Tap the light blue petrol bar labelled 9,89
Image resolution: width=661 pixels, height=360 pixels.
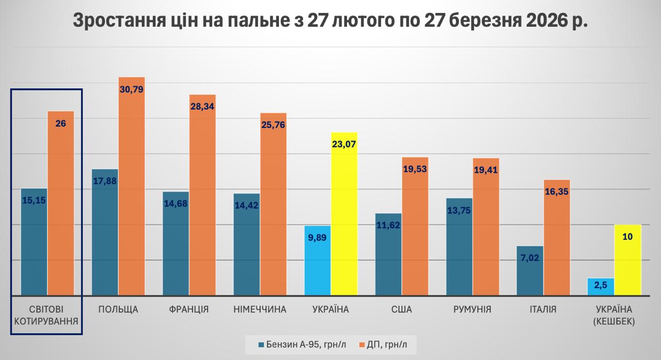coord(318,260)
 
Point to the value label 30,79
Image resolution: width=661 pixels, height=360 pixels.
coord(132,89)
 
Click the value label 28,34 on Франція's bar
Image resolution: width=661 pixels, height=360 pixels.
coord(202,106)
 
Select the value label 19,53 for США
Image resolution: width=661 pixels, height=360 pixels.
coord(415,169)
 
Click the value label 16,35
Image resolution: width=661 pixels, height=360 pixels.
coord(557,191)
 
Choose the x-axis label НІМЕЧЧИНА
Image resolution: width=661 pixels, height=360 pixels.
coord(260,309)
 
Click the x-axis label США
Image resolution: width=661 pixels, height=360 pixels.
coord(401,309)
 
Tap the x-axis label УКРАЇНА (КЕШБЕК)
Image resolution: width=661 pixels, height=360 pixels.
coord(614,315)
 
